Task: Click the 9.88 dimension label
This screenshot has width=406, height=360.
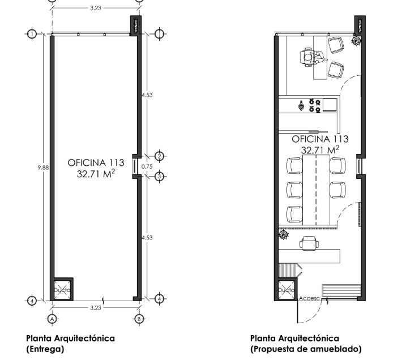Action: [43, 168]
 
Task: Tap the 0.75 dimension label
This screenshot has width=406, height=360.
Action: [147, 166]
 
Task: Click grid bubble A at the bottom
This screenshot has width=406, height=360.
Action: [52, 319]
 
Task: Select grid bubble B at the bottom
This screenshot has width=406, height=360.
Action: [139, 319]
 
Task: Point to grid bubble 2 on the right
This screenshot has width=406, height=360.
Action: [159, 156]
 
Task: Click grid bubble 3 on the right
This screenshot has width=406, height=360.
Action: [159, 177]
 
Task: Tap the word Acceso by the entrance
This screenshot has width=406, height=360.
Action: [309, 298]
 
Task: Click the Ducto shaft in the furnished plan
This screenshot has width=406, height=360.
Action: [286, 290]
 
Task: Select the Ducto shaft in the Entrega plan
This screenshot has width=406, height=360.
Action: [62, 290]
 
